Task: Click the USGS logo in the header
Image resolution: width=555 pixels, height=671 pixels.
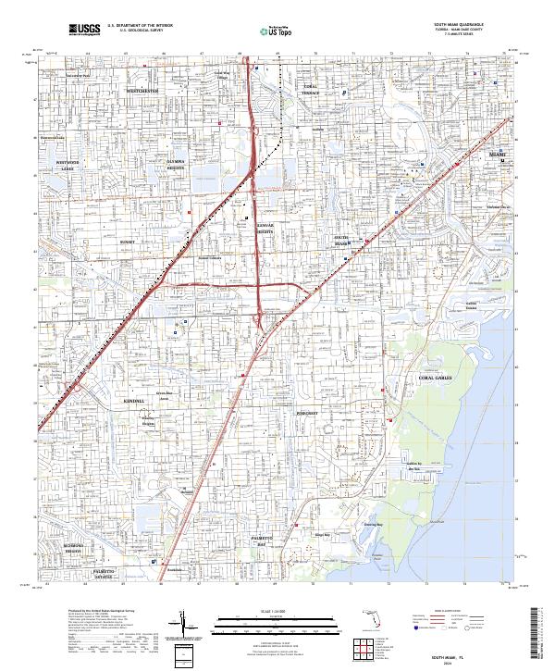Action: (84, 30)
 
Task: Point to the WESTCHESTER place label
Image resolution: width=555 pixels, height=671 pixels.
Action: (143, 92)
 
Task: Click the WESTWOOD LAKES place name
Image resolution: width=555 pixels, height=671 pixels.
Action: (67, 167)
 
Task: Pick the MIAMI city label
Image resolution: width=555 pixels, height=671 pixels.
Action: (498, 153)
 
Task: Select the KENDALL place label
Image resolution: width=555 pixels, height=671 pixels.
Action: (133, 401)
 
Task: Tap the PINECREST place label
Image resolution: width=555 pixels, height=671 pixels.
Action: (307, 413)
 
